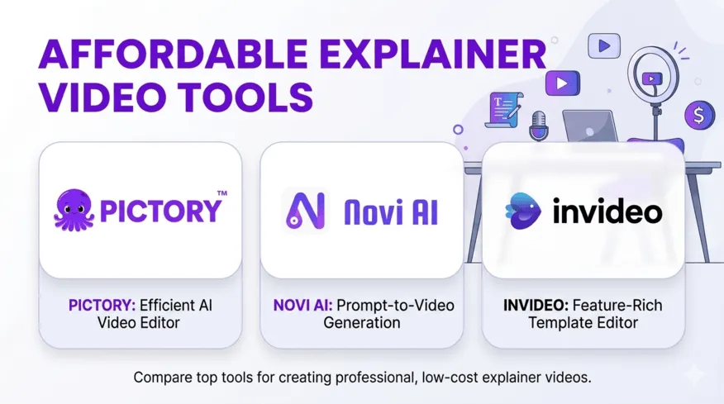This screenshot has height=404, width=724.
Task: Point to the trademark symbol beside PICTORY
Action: pos(221,193)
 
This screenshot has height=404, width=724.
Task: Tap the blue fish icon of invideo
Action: pos(523,212)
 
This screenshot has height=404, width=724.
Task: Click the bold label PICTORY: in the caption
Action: pos(100,306)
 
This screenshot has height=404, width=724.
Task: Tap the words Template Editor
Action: pos(583,323)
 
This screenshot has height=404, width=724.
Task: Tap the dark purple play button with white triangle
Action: pos(562,83)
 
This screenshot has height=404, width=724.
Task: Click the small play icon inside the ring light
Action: pos(652,78)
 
